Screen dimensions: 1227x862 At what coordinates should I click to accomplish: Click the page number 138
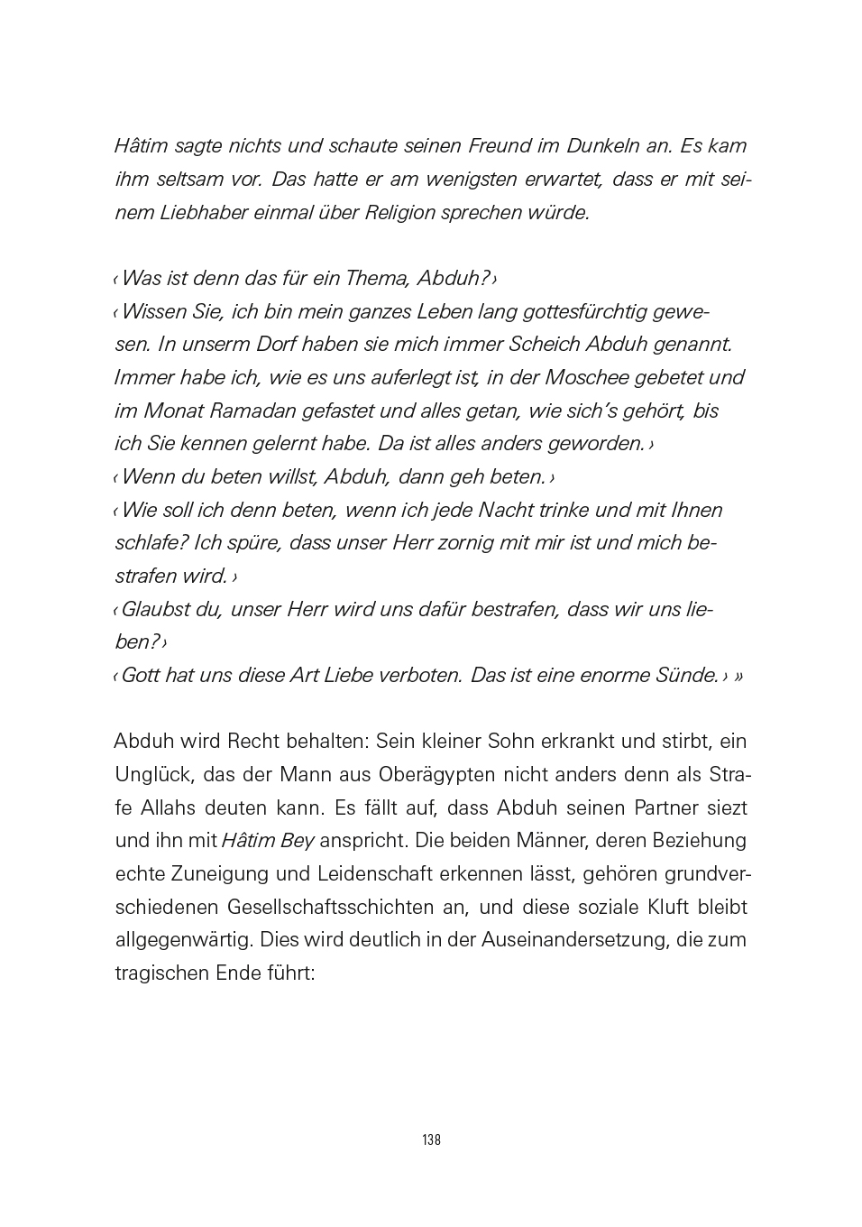coord(431,1139)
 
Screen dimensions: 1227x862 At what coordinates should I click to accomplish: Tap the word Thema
coord(378,278)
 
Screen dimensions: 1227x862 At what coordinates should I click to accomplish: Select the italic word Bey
coord(297,841)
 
